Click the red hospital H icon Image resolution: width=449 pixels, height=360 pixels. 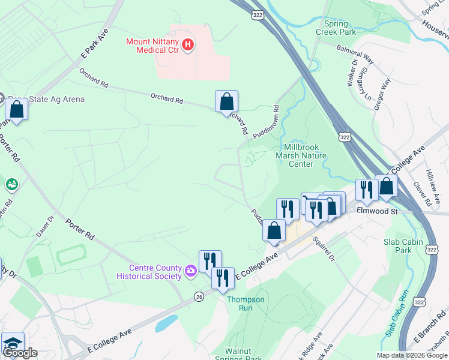pos(188,44)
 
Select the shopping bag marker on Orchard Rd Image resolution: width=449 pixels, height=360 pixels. pos(226,101)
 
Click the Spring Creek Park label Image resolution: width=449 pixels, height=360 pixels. pos(340,28)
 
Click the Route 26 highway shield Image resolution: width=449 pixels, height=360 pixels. pos(198,296)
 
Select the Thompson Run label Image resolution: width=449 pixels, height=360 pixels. pos(246,304)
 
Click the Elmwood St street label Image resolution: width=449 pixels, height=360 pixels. pos(377,211)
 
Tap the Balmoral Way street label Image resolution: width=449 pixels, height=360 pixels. pos(355,53)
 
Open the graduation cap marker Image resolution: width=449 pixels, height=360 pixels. pos(13,344)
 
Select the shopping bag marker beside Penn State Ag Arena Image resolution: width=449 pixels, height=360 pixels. pos(17,110)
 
